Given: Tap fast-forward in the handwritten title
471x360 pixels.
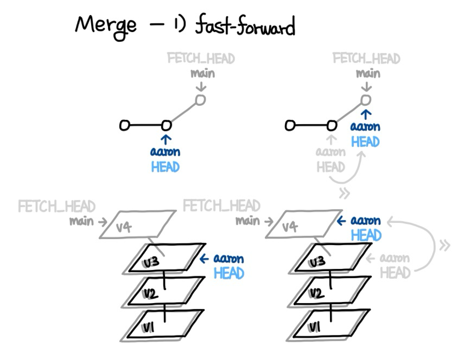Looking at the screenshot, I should coord(245,26).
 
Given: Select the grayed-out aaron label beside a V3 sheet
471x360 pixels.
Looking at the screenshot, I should coord(394,258).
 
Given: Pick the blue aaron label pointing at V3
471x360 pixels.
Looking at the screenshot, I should coord(228,258).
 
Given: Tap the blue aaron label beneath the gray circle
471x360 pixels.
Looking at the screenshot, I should coord(365,127).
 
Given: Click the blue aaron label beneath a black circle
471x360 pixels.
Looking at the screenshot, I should coord(165,152).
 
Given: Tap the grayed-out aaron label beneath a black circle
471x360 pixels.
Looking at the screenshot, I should coord(330,152).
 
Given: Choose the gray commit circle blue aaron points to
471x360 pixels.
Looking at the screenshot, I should coord(366,100).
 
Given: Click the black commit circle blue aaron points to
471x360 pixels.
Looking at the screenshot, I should coord(166,125).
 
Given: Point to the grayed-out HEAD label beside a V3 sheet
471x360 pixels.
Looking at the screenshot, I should coord(395,273).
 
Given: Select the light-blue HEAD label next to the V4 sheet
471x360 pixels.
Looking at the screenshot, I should coord(366,235).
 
